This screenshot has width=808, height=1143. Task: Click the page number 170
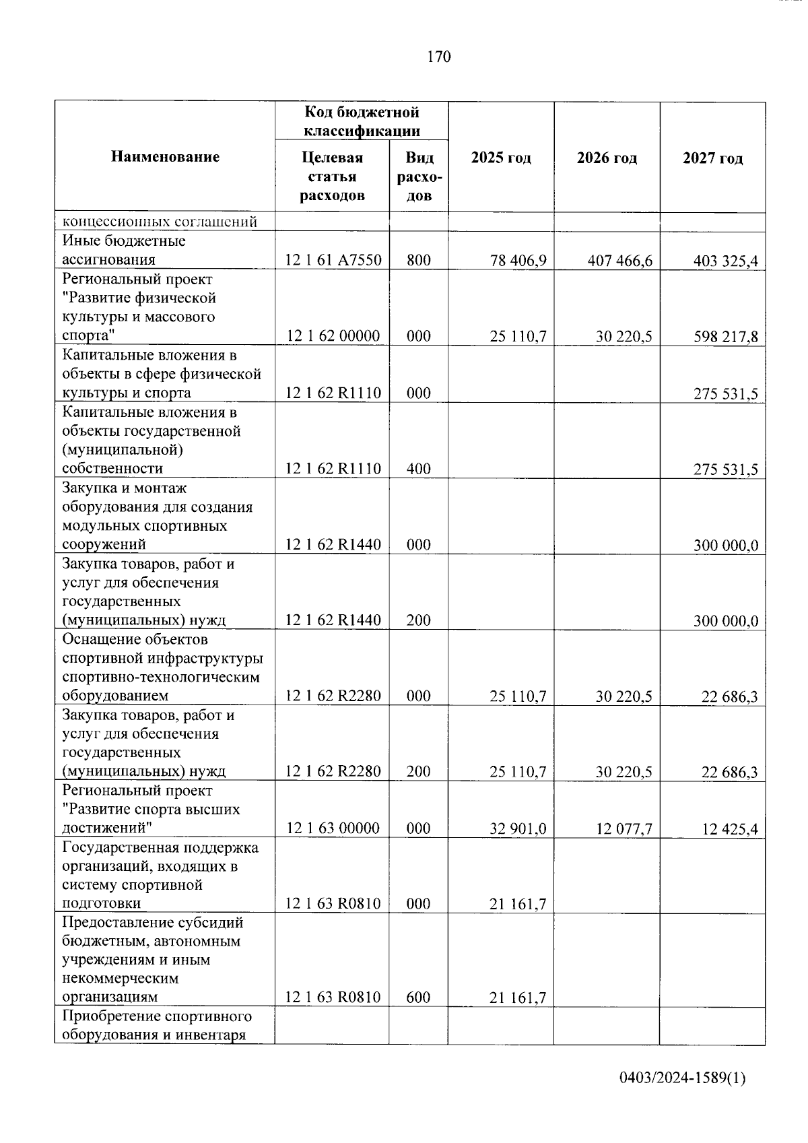[438, 57]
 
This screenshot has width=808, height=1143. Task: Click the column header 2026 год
[607, 158]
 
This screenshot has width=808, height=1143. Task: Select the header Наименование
[165, 157]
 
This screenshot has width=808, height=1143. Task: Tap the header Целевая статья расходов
[332, 176]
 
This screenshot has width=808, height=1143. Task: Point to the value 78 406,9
[518, 261]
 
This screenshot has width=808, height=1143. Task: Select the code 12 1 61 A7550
[333, 261]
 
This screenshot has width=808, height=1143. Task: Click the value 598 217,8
[725, 337]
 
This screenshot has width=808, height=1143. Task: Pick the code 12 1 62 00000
[333, 336]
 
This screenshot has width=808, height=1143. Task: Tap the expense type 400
[418, 469]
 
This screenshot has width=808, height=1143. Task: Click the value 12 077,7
[624, 829]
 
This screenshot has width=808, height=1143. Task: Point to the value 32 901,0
[518, 829]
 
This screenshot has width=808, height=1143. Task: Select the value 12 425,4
[729, 829]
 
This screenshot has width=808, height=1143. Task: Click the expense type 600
[418, 998]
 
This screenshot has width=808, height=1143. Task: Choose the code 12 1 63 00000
[333, 828]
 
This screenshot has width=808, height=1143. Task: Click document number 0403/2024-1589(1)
[682, 1078]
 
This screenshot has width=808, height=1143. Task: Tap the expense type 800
[418, 261]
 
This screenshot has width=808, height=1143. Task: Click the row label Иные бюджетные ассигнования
[124, 250]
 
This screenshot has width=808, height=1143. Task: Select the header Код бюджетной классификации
[362, 121]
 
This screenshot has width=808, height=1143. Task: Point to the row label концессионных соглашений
[160, 222]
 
